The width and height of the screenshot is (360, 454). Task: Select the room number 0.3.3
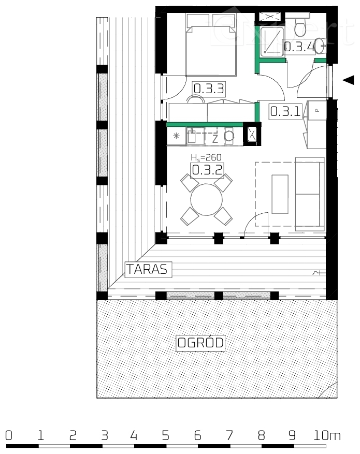(x=208, y=89)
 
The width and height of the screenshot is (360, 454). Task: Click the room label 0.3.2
(x=207, y=170)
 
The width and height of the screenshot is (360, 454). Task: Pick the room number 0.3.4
(x=299, y=47)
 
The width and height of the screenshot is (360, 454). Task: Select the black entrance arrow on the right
(x=349, y=80)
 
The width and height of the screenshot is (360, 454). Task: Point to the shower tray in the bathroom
(x=271, y=40)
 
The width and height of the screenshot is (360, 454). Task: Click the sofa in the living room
(x=309, y=194)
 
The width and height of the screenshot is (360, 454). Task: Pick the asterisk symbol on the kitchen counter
(x=176, y=137)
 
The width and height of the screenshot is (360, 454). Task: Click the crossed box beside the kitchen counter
(x=252, y=134)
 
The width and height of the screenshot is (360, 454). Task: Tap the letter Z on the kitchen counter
(x=214, y=138)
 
